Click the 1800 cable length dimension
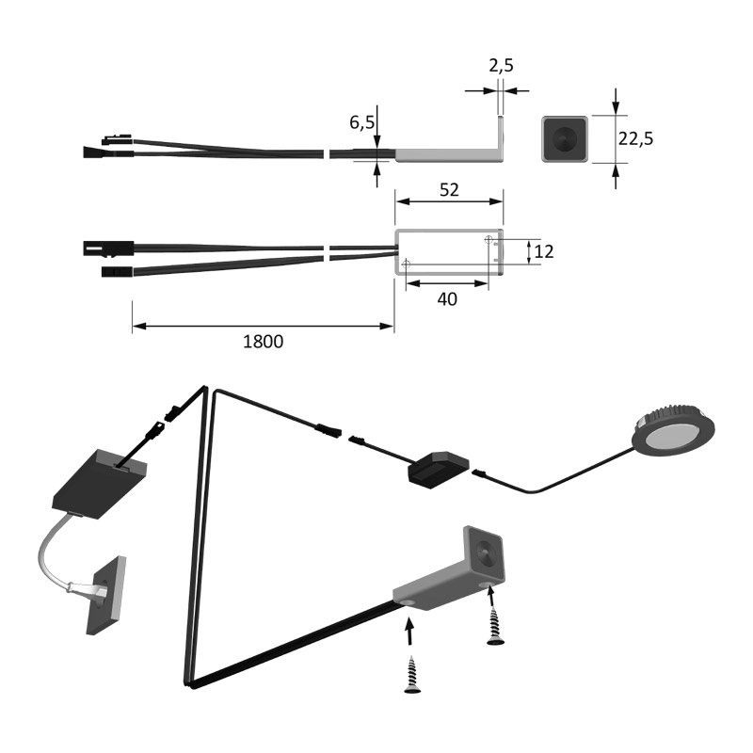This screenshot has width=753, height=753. pos(264,342)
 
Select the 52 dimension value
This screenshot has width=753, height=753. pos(449,190)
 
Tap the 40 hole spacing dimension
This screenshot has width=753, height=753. pos(447,299)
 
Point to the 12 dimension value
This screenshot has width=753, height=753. pos(544,251)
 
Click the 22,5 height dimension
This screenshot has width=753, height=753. pos(635,138)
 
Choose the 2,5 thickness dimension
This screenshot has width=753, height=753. pos(501,65)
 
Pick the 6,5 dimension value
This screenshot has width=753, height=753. pos(361,122)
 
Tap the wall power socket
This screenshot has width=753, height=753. pos(106,595)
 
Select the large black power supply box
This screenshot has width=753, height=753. pos(100,484)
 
